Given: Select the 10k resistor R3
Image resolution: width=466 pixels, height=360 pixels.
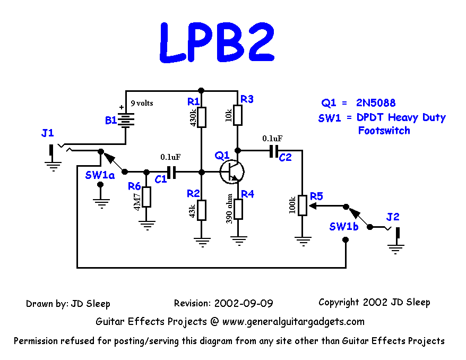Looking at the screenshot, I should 238,114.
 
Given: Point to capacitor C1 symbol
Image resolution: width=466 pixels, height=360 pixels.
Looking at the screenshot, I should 171,172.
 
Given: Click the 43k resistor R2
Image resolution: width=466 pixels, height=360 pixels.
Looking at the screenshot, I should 201,209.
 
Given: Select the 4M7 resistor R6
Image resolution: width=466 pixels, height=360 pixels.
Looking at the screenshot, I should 146,196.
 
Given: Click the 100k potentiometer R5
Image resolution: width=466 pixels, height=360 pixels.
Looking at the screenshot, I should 303,205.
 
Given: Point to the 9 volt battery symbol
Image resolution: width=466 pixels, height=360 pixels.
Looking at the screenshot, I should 125,119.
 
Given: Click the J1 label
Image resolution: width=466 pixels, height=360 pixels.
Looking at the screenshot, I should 47,133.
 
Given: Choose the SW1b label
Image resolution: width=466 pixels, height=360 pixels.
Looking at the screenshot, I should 343,226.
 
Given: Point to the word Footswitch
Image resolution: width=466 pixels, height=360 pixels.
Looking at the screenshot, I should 384,131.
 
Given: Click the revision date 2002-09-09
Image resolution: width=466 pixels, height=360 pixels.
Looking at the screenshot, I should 244,304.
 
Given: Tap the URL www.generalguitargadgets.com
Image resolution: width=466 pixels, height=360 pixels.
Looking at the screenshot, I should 294,321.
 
